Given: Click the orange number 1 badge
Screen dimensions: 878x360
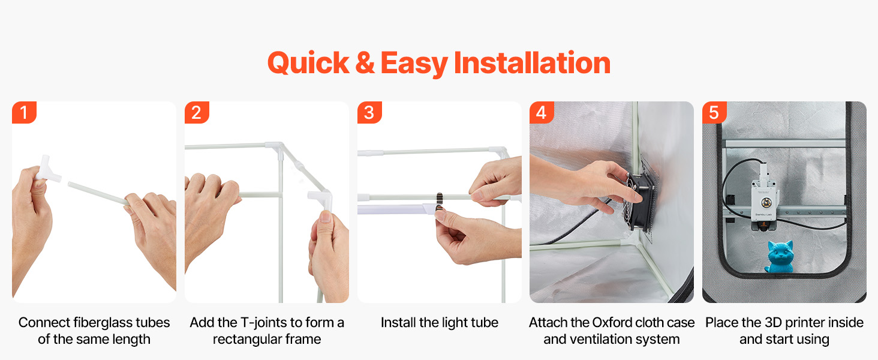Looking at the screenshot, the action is point(24,113).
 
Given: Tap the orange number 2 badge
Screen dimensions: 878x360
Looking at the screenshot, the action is point(197,113).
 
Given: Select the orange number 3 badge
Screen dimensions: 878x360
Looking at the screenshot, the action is point(369,113).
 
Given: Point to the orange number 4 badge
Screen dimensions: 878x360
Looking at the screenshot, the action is point(542,113).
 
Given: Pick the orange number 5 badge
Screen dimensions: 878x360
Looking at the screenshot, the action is point(714,113).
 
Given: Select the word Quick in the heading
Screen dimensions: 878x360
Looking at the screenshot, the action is point(308,63).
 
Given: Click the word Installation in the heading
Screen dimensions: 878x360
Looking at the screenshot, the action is point(532,63).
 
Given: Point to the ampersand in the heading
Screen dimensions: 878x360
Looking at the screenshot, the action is point(365,63).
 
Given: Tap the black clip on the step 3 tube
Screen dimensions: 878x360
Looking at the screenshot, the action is point(440,201).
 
